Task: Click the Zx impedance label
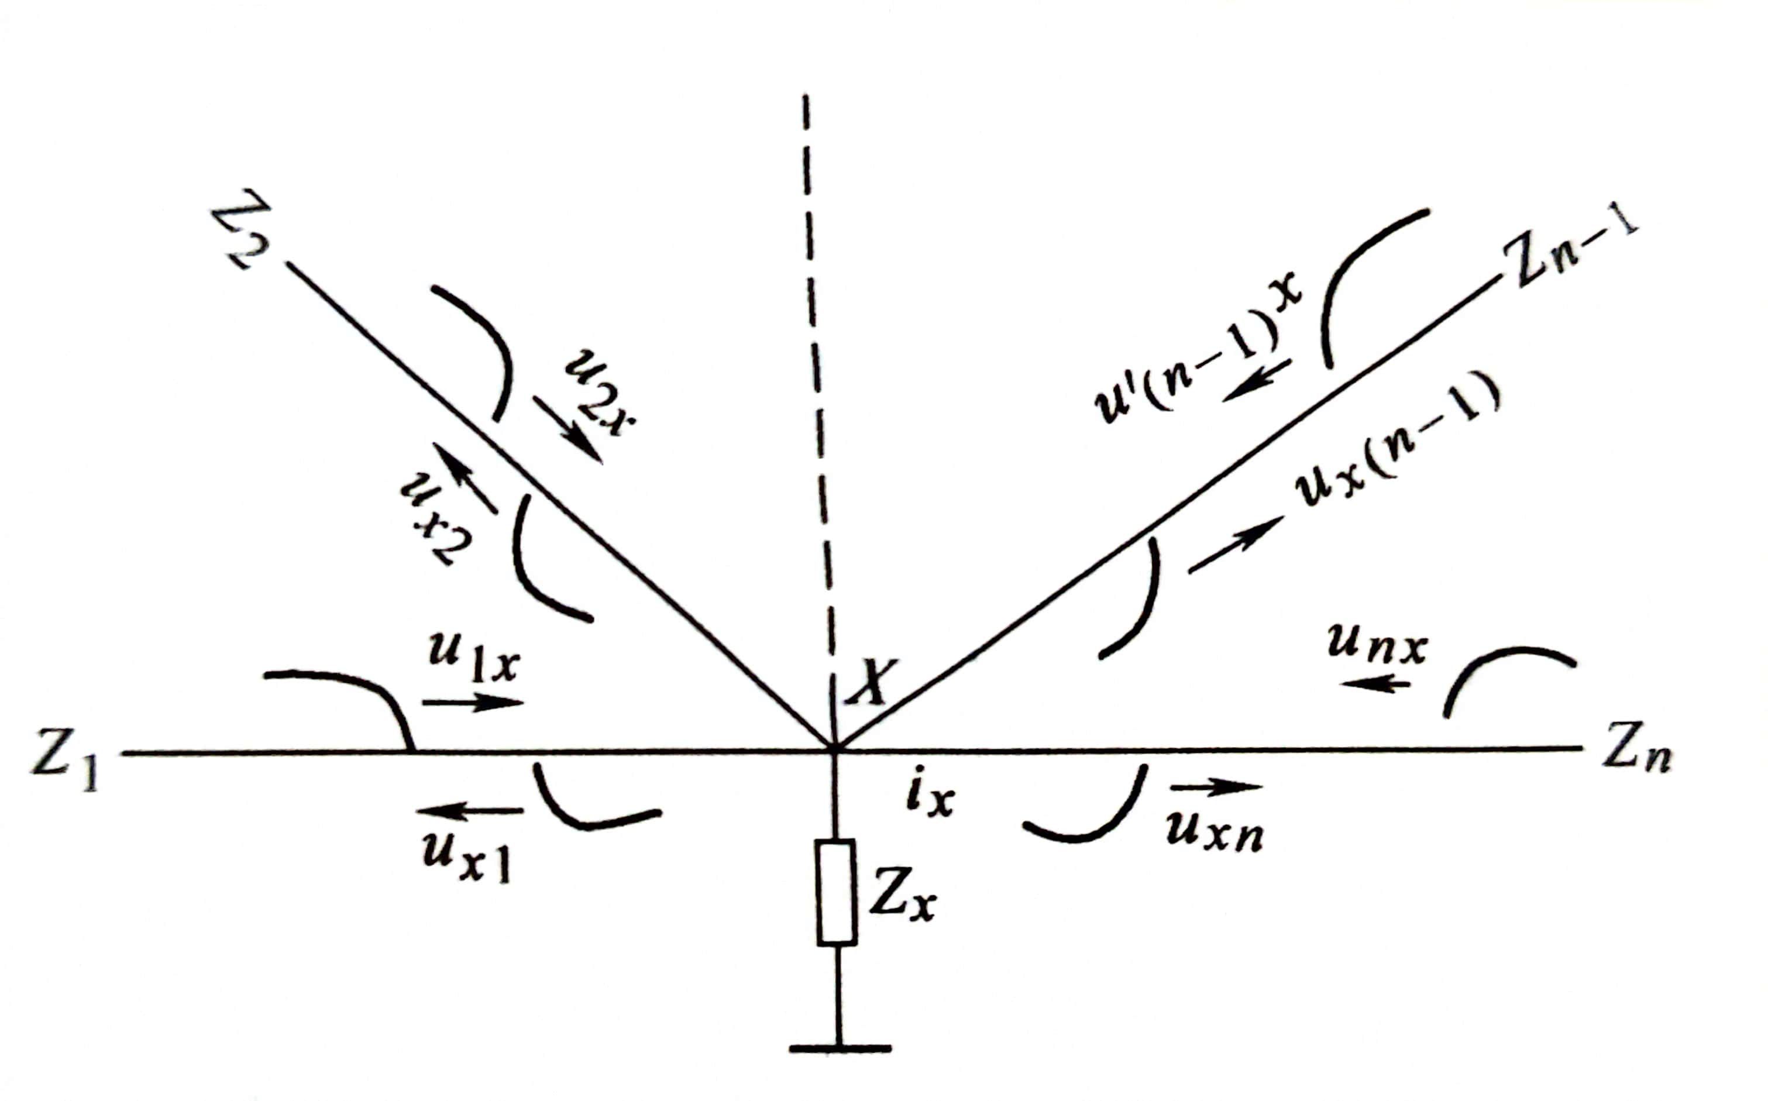(902, 904)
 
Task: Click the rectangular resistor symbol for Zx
(835, 893)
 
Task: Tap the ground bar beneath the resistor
(840, 1048)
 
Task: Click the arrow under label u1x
(473, 703)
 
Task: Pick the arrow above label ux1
(470, 810)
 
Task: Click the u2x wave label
(601, 392)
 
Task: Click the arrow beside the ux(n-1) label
(1235, 544)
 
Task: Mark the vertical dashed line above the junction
(817, 364)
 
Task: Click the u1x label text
(473, 659)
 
